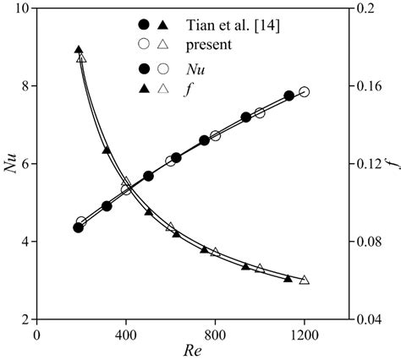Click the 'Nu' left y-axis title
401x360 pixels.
[11, 163]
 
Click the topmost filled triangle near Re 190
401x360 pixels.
[79, 51]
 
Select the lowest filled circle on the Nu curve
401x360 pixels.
[79, 227]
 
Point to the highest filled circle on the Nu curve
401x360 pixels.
[289, 96]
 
